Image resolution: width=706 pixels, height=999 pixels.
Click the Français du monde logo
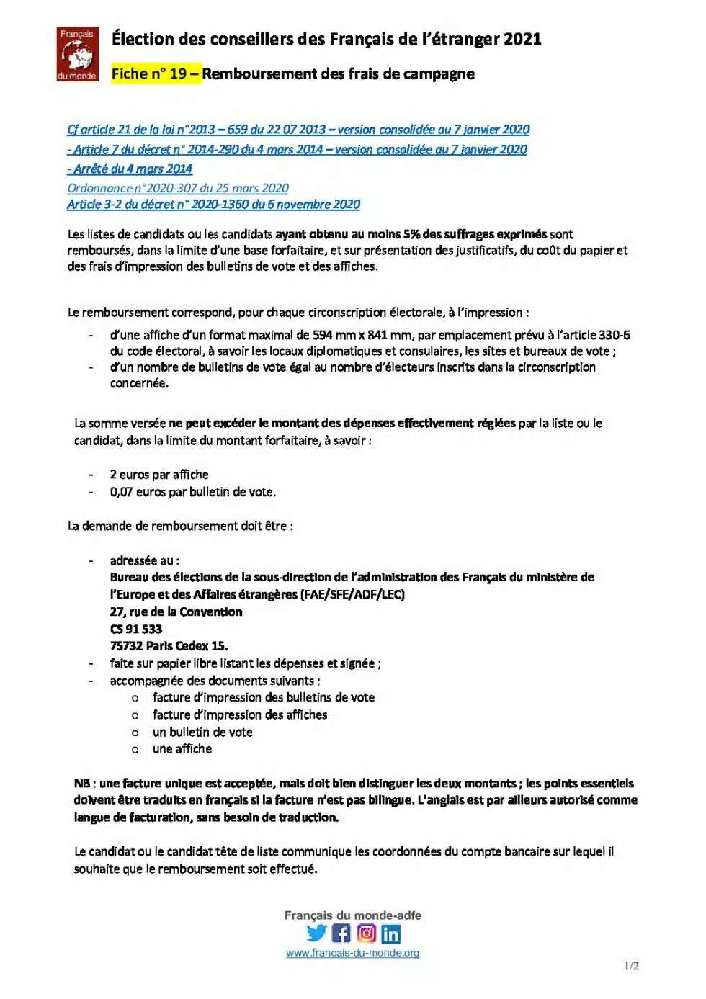77,55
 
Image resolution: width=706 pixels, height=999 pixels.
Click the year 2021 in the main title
522,39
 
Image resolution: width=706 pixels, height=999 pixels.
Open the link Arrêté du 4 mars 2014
130,169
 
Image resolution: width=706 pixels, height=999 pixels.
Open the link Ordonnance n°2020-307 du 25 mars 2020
178,188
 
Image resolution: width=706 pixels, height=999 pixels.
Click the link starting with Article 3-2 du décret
213,205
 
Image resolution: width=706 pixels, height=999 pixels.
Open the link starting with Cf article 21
298,130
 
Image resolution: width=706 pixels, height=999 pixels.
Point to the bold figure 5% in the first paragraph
411,234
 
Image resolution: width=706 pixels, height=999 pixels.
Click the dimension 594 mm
333,335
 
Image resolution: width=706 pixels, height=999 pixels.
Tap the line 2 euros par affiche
159,475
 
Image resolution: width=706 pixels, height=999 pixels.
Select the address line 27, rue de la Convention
176,612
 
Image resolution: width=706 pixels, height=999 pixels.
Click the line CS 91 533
135,629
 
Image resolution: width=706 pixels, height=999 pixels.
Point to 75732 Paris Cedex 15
169,646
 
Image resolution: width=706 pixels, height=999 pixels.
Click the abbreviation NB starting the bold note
81,784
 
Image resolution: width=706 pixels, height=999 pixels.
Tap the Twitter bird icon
316,933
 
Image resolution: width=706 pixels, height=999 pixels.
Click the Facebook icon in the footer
341,933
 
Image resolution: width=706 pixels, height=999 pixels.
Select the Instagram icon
367,933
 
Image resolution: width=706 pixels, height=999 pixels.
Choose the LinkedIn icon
391,934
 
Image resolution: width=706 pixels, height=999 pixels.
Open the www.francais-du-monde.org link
352,953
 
